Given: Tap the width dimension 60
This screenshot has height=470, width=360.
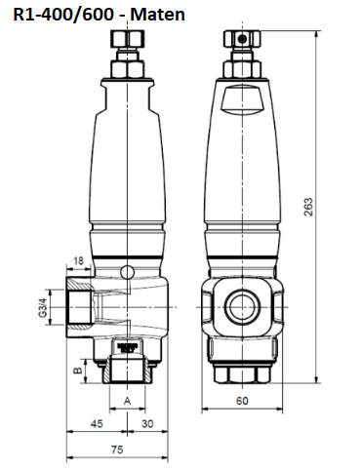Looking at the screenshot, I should coord(239,400).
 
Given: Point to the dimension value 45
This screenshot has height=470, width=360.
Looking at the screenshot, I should coord(98,424).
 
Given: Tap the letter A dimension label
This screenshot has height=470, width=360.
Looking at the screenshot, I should coord(128,401).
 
